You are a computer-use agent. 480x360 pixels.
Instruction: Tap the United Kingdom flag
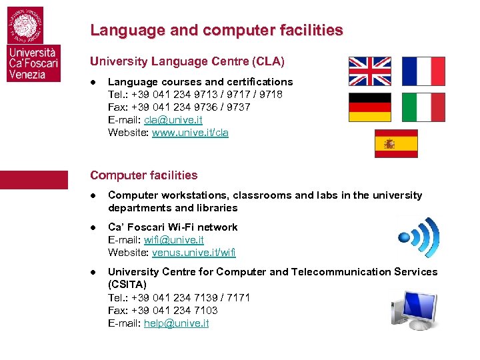(370, 71)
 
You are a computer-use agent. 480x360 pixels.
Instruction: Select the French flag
(423, 71)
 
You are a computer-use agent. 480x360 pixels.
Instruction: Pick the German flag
(370, 107)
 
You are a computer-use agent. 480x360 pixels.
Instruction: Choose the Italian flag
(423, 107)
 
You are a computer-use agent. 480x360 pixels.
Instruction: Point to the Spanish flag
(396, 143)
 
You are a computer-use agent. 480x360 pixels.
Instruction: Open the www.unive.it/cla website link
(190, 133)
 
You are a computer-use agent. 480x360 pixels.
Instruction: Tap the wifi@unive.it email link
(174, 240)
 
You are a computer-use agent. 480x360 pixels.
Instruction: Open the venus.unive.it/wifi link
(194, 253)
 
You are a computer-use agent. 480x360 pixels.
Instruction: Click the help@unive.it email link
(176, 323)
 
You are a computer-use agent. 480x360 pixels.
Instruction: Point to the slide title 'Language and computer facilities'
(217, 30)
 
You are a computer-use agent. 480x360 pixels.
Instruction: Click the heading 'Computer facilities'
(144, 175)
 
